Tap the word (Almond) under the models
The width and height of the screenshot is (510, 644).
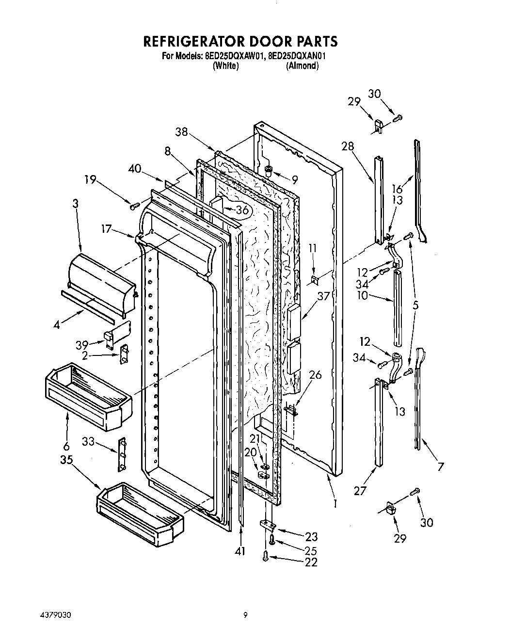(302, 66)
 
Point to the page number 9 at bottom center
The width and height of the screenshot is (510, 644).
(245, 615)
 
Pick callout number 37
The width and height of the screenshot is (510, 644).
(323, 295)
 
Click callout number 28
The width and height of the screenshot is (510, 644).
(347, 146)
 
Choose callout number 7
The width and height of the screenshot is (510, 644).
(440, 467)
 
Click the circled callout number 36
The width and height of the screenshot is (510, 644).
(242, 209)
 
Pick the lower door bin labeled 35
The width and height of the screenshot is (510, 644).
(141, 515)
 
